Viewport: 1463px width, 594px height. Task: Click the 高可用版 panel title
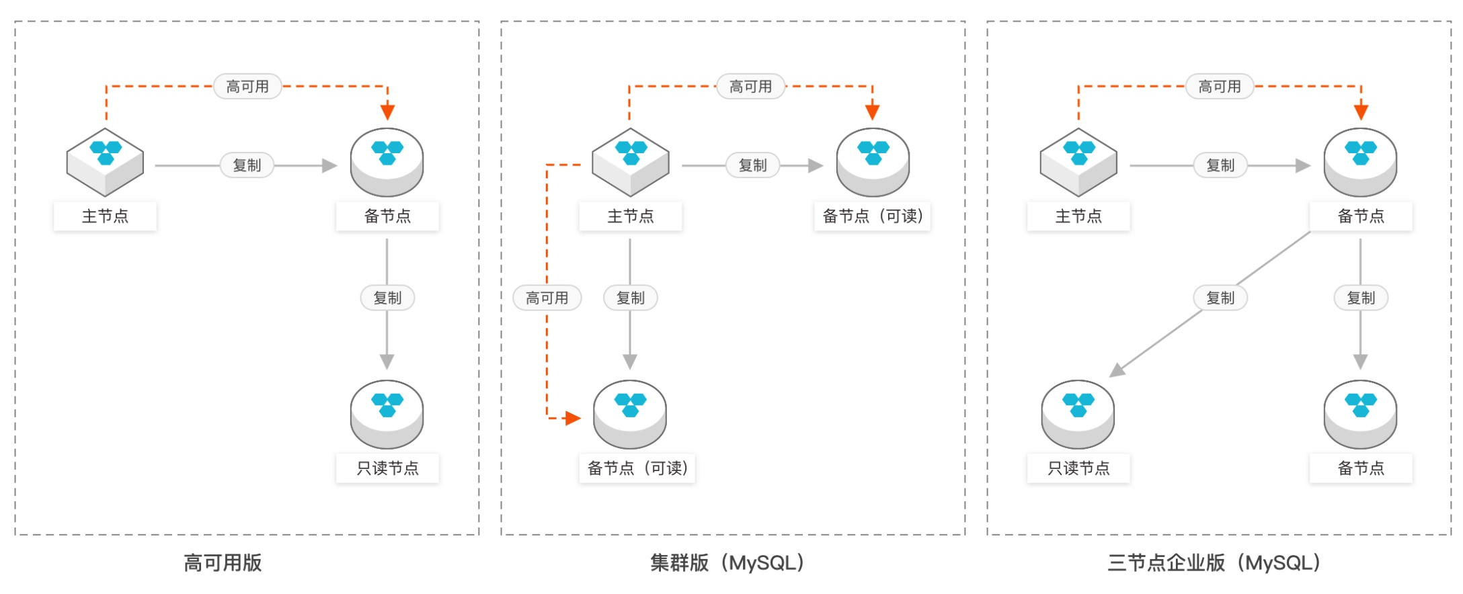click(223, 562)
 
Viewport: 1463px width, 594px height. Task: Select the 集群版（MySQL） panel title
click(727, 562)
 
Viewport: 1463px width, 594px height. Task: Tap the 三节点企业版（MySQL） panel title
click(1214, 562)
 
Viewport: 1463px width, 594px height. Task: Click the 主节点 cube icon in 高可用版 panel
click(106, 161)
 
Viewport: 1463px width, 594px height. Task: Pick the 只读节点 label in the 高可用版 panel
click(387, 468)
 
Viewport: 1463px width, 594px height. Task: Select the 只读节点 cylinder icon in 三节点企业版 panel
click(1078, 414)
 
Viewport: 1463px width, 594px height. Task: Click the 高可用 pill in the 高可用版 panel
click(247, 87)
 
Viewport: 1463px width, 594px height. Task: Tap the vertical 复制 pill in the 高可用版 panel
click(387, 298)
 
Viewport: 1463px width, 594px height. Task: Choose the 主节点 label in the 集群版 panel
click(631, 216)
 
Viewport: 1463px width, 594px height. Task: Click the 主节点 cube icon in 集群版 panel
click(631, 161)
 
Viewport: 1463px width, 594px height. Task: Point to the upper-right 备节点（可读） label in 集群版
click(872, 216)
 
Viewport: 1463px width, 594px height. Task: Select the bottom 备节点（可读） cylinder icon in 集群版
click(630, 414)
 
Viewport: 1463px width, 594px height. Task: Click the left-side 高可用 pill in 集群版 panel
click(547, 298)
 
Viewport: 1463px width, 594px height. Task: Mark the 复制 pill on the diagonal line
click(1220, 298)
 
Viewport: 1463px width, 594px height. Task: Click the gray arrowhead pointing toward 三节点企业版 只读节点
click(1117, 370)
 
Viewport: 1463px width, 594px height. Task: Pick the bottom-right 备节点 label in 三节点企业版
click(1361, 468)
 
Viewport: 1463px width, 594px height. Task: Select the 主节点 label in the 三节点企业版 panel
click(1078, 216)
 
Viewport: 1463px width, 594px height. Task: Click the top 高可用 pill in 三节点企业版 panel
click(1220, 87)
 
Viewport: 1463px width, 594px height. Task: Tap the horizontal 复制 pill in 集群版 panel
click(752, 165)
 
